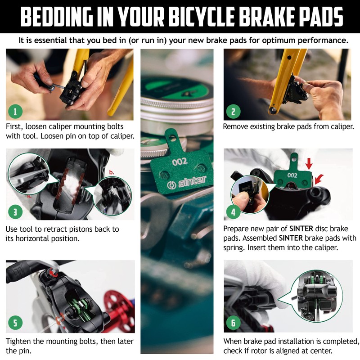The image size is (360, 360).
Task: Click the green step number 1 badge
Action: pos(15,111)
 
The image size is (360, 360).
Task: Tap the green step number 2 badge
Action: pos(233,111)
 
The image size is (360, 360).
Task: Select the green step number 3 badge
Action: pos(15,211)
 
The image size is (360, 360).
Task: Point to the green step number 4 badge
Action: pos(233,211)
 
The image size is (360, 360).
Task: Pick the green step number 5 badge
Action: pos(15,323)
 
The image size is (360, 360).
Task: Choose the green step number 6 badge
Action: pos(233,323)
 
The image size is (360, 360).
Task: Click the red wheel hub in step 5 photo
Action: pos(122,297)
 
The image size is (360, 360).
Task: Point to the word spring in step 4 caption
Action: pos(234,248)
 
